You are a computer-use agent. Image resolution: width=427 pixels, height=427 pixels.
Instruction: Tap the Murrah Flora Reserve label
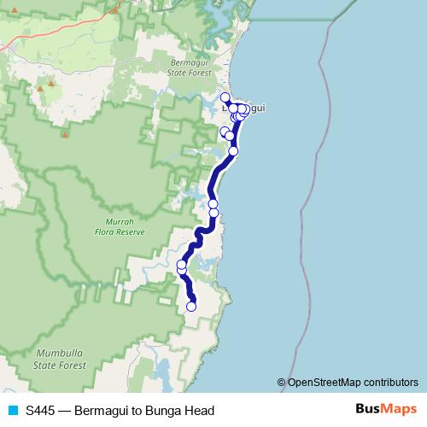click(x=119, y=226)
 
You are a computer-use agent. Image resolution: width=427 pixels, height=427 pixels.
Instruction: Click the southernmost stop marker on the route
click(x=191, y=307)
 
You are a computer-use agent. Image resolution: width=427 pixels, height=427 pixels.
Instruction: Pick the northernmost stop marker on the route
click(x=225, y=97)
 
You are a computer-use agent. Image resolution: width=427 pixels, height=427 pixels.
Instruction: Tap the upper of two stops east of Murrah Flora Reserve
click(x=213, y=204)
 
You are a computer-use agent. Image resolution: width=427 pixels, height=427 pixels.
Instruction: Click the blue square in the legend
click(x=13, y=410)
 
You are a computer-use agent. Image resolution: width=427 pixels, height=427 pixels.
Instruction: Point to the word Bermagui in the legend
click(x=103, y=410)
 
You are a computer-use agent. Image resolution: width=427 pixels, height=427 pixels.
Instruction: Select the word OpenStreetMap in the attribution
click(x=324, y=383)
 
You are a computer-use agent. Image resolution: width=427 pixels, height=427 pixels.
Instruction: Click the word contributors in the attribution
click(x=390, y=383)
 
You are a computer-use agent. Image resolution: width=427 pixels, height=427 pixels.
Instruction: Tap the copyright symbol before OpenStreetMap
click(x=281, y=383)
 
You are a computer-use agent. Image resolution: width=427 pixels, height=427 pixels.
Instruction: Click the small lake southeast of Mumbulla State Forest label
click(x=161, y=371)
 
